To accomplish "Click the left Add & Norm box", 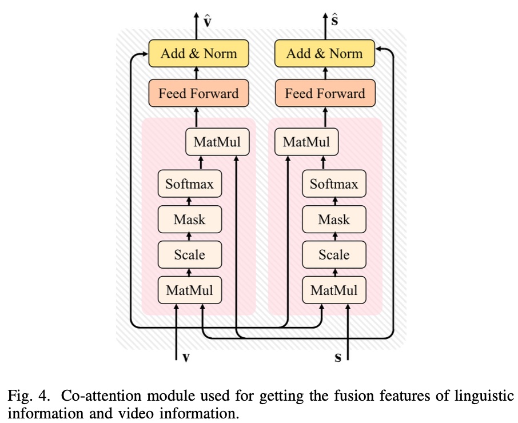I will tap(198, 54).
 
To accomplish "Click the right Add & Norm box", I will tap(324, 54).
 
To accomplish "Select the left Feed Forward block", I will tap(198, 94).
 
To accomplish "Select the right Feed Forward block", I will tap(324, 94).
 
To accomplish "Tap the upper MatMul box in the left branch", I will tap(217, 142).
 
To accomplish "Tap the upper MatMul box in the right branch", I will tap(306, 142).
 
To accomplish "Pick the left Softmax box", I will tap(189, 184).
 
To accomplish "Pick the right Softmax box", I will tap(334, 184).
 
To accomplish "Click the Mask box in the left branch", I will tap(189, 220).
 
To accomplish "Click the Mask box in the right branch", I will tap(334, 220).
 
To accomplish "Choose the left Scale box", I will tap(189, 254).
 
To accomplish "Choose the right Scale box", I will tap(334, 254).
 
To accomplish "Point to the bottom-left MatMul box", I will tap(189, 290).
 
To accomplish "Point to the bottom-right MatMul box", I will tap(334, 290).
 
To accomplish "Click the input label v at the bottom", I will tap(186, 358).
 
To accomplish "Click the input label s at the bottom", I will tap(338, 358).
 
